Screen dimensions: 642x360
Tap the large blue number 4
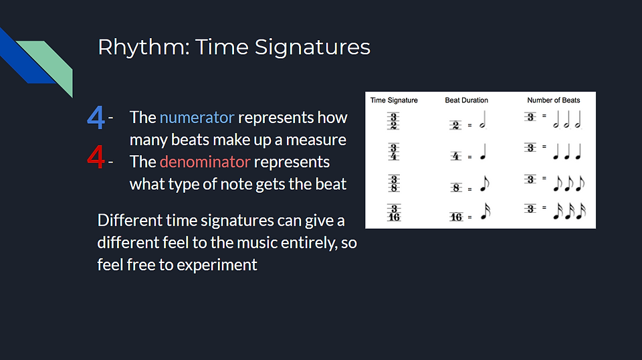(96, 118)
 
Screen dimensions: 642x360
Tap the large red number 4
(96, 157)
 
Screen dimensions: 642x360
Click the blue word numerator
(197, 118)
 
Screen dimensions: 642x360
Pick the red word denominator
(205, 162)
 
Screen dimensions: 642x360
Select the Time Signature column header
(394, 100)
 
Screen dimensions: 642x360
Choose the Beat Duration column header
(466, 100)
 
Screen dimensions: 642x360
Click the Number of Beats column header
(554, 100)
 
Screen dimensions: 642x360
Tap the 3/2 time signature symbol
(393, 122)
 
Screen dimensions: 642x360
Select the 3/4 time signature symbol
(393, 151)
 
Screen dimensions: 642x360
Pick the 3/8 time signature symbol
(393, 183)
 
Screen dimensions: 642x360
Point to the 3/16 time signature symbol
(394, 213)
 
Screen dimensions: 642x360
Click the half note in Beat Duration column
(483, 120)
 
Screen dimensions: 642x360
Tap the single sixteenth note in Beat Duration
(486, 211)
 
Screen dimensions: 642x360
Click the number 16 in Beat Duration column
(456, 217)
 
